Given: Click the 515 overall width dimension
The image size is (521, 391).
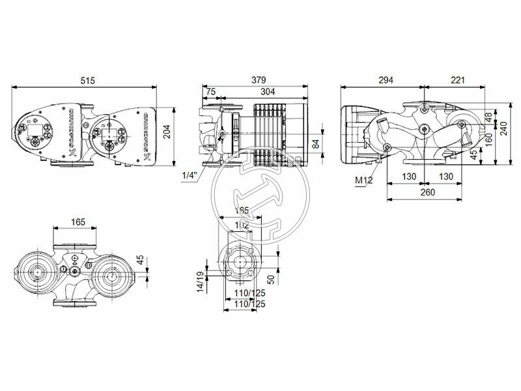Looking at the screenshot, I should tap(87, 81).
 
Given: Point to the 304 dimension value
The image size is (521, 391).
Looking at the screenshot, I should tap(268, 92).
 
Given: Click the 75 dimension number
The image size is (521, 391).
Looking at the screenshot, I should tap(212, 92).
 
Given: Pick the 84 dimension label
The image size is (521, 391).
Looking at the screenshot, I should tap(315, 143).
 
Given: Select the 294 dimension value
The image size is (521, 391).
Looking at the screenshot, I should tap(386, 81).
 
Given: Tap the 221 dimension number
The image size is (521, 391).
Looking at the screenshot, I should tap(458, 81).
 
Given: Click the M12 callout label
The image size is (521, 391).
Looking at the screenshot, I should tap(363, 180).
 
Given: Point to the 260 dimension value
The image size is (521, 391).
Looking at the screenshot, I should tap(427, 192).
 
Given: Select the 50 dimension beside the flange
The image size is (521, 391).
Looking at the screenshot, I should tap(271, 278).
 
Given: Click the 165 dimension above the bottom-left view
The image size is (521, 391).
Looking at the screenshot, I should tap(77, 222).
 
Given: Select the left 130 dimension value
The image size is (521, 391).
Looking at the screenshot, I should tap(408, 177).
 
